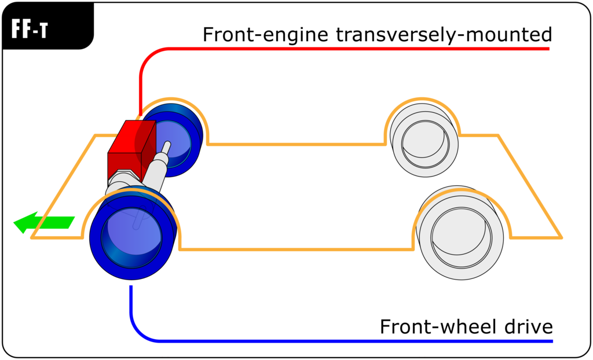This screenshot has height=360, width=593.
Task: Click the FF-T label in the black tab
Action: [29, 31]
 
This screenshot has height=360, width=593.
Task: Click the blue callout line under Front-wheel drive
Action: [347, 340]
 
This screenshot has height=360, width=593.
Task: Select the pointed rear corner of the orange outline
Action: [560, 237]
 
